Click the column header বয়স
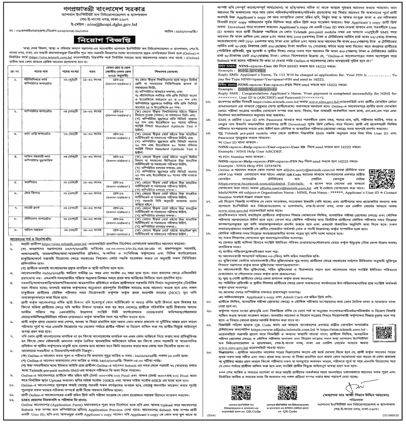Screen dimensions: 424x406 coord(92,72)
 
